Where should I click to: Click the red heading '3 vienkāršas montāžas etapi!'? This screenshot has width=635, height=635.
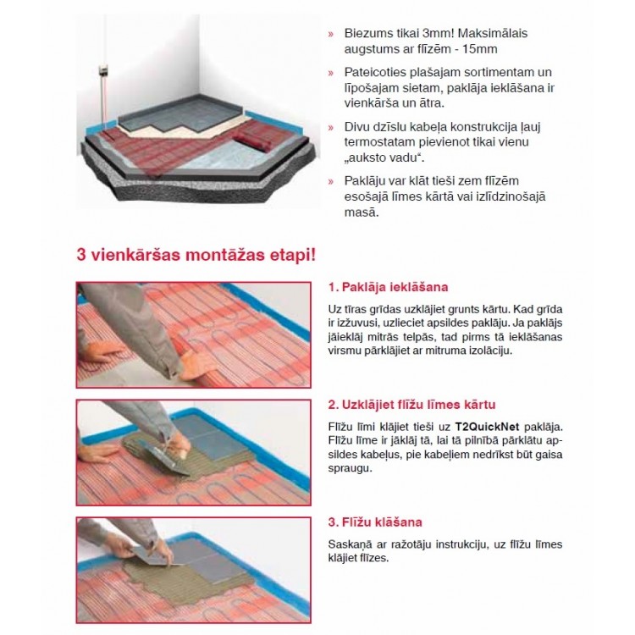[196, 253]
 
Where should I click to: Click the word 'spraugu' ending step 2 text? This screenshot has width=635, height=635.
[350, 467]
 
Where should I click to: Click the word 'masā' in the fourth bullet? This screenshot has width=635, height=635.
[362, 212]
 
